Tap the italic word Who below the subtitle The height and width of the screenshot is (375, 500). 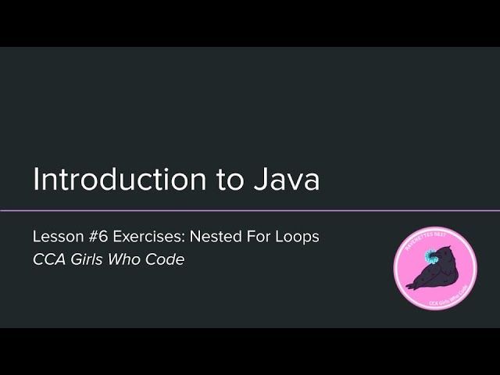(129, 260)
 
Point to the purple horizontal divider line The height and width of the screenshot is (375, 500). (250, 211)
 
